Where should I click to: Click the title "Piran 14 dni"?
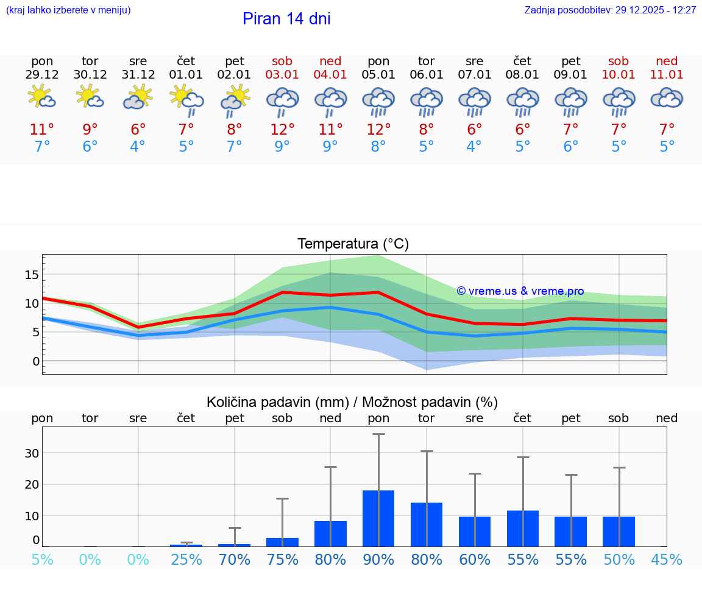286,19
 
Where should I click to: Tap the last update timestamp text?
610,10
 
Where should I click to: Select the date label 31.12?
138,75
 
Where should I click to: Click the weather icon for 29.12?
42,97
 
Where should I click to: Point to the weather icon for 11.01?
667,97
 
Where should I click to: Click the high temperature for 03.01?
282,130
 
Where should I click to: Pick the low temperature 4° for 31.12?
138,147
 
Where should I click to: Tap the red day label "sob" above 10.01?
619,61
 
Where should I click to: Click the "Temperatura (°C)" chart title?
353,244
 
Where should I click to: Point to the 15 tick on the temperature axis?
32,275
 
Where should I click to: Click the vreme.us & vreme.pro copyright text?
520,291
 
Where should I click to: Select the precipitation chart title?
352,402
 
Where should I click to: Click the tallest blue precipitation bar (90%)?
378,518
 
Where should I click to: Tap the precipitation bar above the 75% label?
282,542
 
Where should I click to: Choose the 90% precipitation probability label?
378,559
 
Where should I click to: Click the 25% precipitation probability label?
186,559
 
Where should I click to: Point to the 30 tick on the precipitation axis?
32,453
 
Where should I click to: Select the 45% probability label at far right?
667,559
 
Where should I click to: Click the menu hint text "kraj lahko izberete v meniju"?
68,10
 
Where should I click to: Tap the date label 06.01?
427,75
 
